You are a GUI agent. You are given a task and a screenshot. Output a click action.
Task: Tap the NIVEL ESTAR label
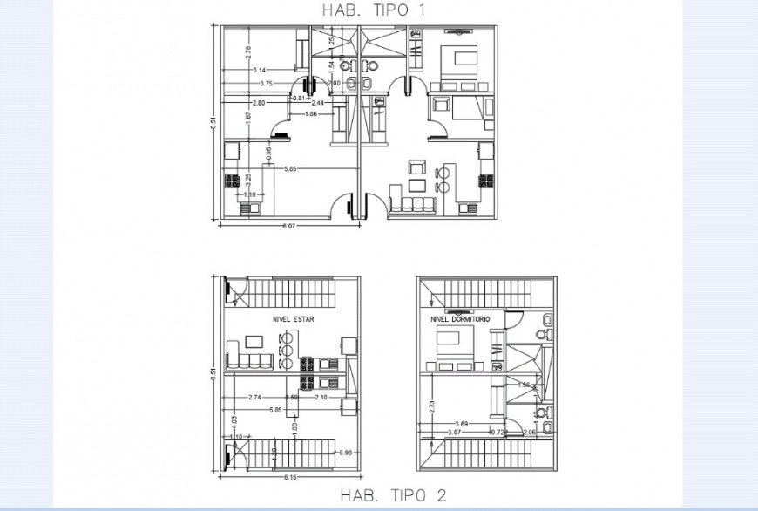coord(293,320)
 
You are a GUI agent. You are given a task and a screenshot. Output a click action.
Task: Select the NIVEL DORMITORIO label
coord(461,320)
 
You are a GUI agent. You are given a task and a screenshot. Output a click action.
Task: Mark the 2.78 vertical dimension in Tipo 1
coord(247,54)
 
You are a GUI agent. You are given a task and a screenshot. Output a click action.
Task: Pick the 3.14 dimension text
coord(260,70)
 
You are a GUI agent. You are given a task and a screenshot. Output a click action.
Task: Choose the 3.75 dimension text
coord(267,84)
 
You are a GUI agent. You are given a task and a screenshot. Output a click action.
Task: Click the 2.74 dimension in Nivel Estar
coord(255,398)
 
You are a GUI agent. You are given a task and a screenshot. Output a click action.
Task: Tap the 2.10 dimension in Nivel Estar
coord(320,398)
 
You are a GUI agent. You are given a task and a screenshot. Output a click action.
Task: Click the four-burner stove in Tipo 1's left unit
coord(233,182)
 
